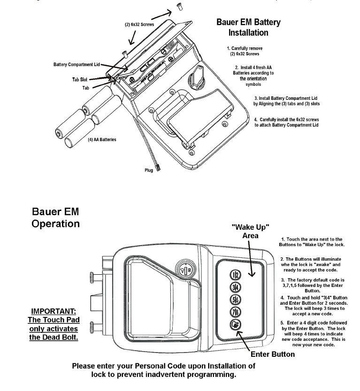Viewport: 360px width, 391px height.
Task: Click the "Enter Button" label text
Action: (x=273, y=354)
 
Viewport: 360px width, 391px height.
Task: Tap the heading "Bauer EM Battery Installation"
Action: (x=248, y=27)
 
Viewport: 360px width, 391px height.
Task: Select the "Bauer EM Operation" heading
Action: (x=55, y=217)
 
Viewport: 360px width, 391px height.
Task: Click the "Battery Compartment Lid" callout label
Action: (x=77, y=64)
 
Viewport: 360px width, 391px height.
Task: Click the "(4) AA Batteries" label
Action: (x=101, y=139)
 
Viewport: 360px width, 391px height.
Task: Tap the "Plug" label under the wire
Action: (x=149, y=170)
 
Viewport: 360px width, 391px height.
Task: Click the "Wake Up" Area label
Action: (x=250, y=231)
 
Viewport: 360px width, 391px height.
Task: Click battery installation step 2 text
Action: (x=253, y=75)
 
